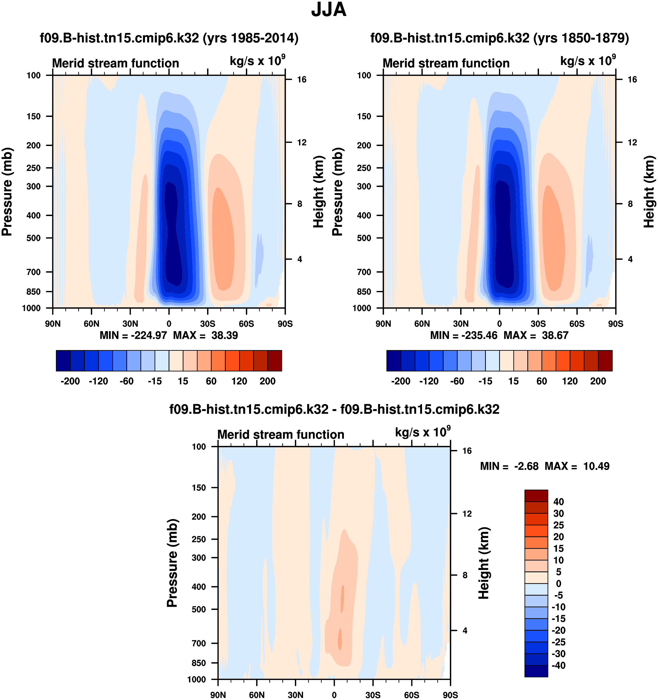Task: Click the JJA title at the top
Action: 329,10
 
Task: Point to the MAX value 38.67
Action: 555,335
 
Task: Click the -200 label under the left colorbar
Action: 70,381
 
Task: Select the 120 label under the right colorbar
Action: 570,381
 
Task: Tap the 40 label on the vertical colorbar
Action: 558,502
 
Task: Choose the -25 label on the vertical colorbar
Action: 558,642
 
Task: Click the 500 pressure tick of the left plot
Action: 34,238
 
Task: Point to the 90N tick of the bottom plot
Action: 218,695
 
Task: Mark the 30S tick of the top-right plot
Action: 538,324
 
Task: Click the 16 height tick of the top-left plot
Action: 302,80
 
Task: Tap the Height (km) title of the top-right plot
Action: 649,192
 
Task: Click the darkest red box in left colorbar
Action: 274,361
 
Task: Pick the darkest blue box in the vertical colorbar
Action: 536,671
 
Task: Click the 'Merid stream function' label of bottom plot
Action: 280,434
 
